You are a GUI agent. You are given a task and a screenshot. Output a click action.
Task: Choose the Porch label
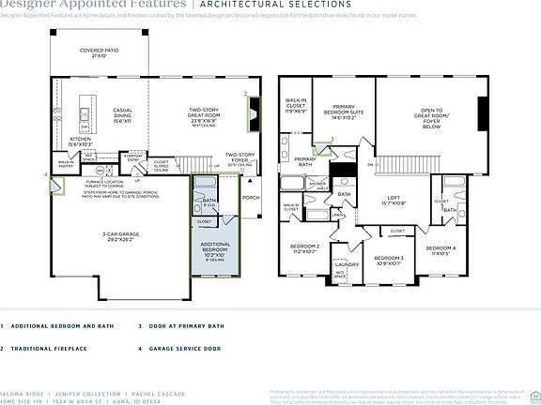click(252, 198)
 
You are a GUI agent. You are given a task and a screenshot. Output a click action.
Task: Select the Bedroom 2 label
click(305, 248)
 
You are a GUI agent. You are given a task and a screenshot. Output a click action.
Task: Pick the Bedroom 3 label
click(389, 260)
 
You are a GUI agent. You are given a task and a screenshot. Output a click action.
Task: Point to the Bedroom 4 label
click(441, 249)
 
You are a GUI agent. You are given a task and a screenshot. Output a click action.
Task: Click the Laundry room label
click(346, 266)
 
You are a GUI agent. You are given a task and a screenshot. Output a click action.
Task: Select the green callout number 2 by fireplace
click(246, 94)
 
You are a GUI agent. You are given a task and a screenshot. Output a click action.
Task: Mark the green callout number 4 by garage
click(46, 174)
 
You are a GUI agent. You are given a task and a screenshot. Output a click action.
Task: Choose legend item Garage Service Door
click(180, 349)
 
